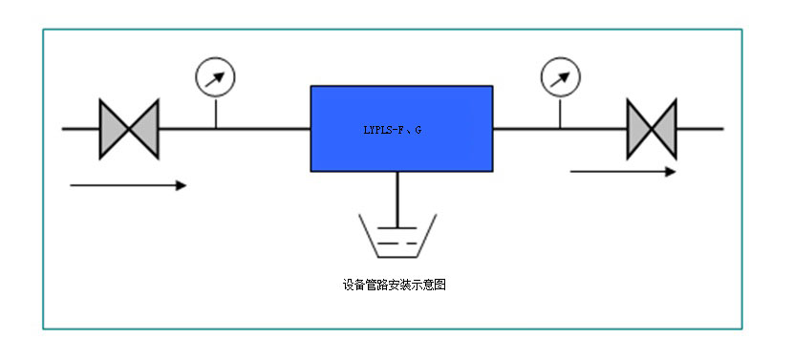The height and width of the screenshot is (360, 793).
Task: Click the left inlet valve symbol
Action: coord(129,128)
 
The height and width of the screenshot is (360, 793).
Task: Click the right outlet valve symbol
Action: coord(652,128)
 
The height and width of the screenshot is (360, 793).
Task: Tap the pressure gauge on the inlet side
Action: coord(215,77)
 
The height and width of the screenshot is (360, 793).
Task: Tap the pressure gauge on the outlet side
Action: coord(560,77)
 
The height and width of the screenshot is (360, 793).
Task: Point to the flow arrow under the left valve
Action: coord(128,185)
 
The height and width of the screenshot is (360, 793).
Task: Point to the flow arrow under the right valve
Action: coord(622,172)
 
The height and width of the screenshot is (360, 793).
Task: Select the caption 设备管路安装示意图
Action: coord(395,284)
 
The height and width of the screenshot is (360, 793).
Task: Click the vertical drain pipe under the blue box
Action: coord(397,196)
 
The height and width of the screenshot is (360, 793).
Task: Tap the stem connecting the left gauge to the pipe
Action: coord(215,113)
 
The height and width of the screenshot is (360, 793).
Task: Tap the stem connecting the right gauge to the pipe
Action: coord(560,113)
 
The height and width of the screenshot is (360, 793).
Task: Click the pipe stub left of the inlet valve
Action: coord(80,128)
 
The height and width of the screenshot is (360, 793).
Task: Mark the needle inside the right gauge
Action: coord(561,76)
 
